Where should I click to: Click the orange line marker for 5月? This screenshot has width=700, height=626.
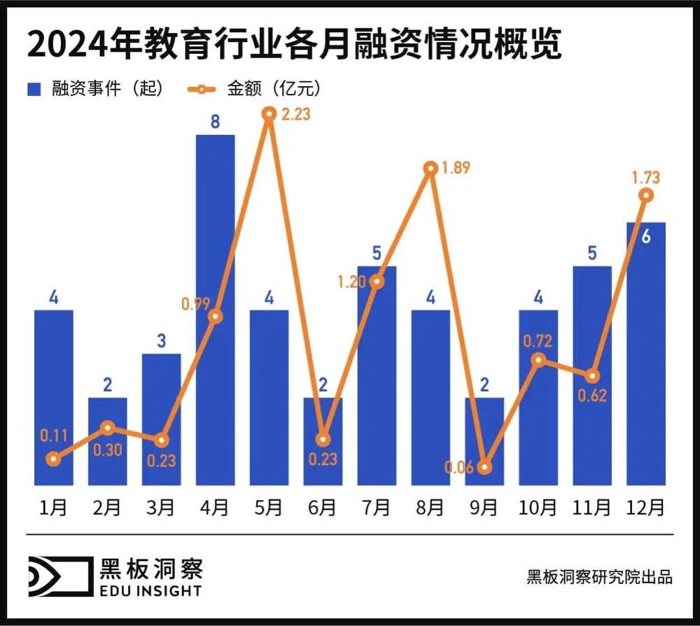click(269, 113)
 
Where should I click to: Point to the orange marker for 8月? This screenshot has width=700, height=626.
click(430, 169)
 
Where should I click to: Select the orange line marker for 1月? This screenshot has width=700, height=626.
click(53, 459)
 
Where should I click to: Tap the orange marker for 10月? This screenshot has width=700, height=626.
click(538, 360)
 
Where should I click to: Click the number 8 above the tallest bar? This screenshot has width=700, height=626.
click(215, 122)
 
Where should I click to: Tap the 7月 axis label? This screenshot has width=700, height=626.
click(377, 507)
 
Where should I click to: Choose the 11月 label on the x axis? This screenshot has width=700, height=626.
click(591, 507)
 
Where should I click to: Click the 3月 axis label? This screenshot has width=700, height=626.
click(161, 507)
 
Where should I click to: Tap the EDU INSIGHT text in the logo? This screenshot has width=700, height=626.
click(150, 590)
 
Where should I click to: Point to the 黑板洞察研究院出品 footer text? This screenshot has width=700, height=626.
click(599, 577)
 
